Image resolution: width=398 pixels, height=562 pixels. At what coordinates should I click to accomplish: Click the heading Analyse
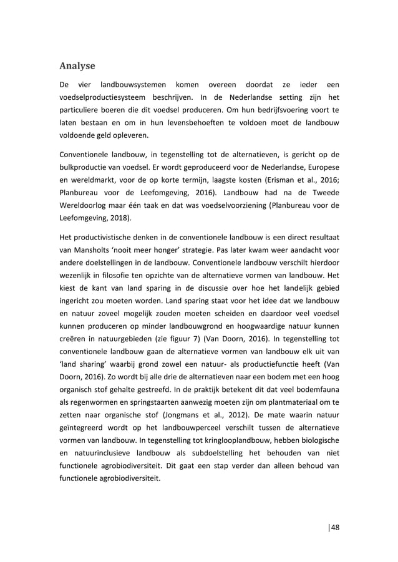(x=77, y=65)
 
